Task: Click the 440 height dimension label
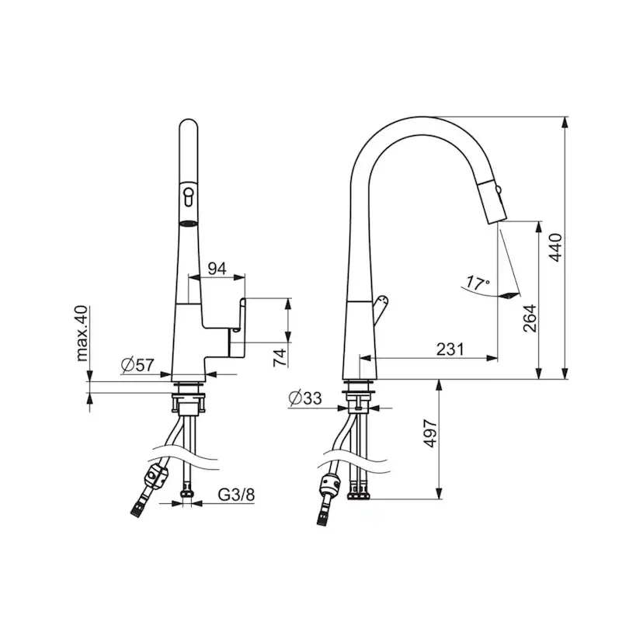pyautogui.click(x=556, y=247)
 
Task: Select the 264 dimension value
pyautogui.click(x=530, y=318)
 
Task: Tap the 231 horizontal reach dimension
pyautogui.click(x=450, y=349)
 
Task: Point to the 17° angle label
pyautogui.click(x=478, y=283)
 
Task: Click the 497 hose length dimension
pyautogui.click(x=430, y=433)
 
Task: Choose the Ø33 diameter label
pyautogui.click(x=305, y=398)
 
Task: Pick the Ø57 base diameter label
pyautogui.click(x=137, y=364)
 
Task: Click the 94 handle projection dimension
pyautogui.click(x=217, y=269)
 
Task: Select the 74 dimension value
pyautogui.click(x=280, y=357)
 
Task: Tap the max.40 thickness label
pyautogui.click(x=82, y=333)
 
